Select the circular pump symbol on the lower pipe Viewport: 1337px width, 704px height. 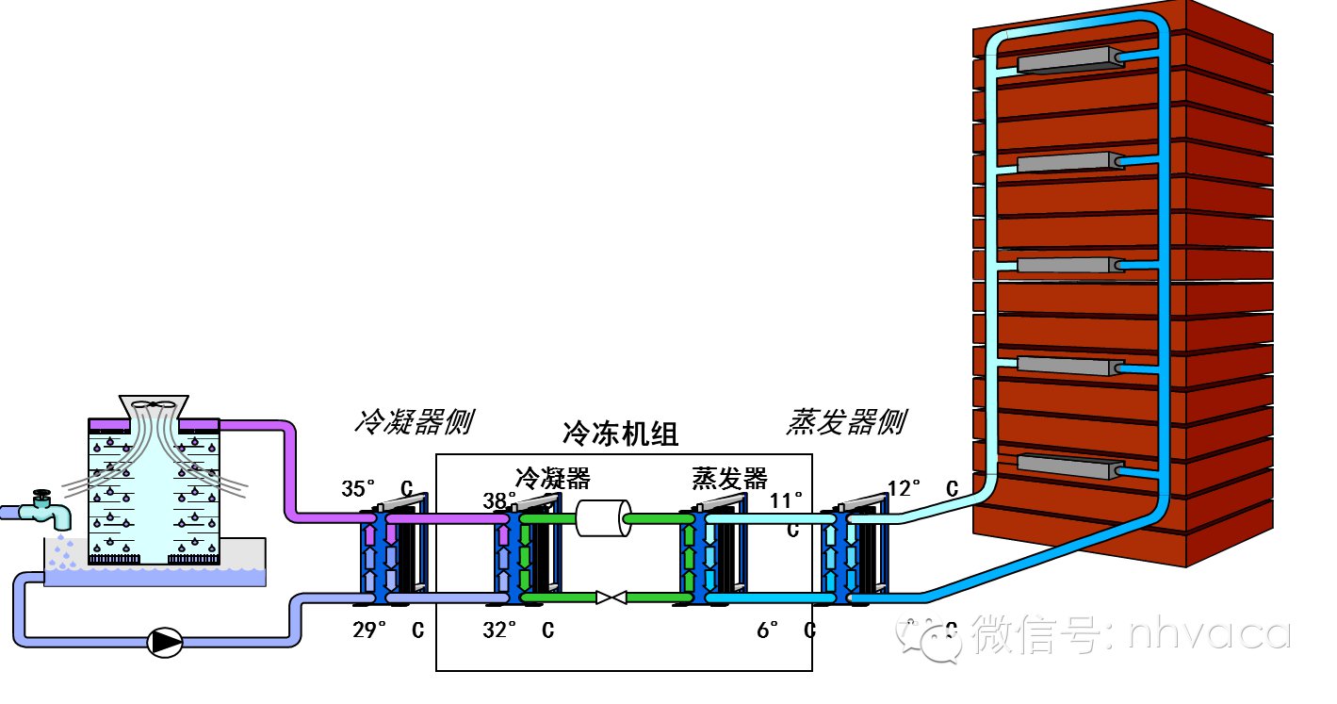(166, 642)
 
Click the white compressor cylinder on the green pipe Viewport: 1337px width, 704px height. (603, 518)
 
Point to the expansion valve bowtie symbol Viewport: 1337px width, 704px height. (612, 597)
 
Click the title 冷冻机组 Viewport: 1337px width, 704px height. (620, 434)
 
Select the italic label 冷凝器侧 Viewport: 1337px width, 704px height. (412, 422)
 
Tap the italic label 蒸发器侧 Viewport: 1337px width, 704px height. (845, 422)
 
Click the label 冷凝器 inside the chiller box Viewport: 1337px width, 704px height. (553, 478)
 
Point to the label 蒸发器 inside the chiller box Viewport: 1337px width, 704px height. (729, 478)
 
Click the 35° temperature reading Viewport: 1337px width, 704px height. (359, 488)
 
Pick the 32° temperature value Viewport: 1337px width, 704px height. (499, 630)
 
